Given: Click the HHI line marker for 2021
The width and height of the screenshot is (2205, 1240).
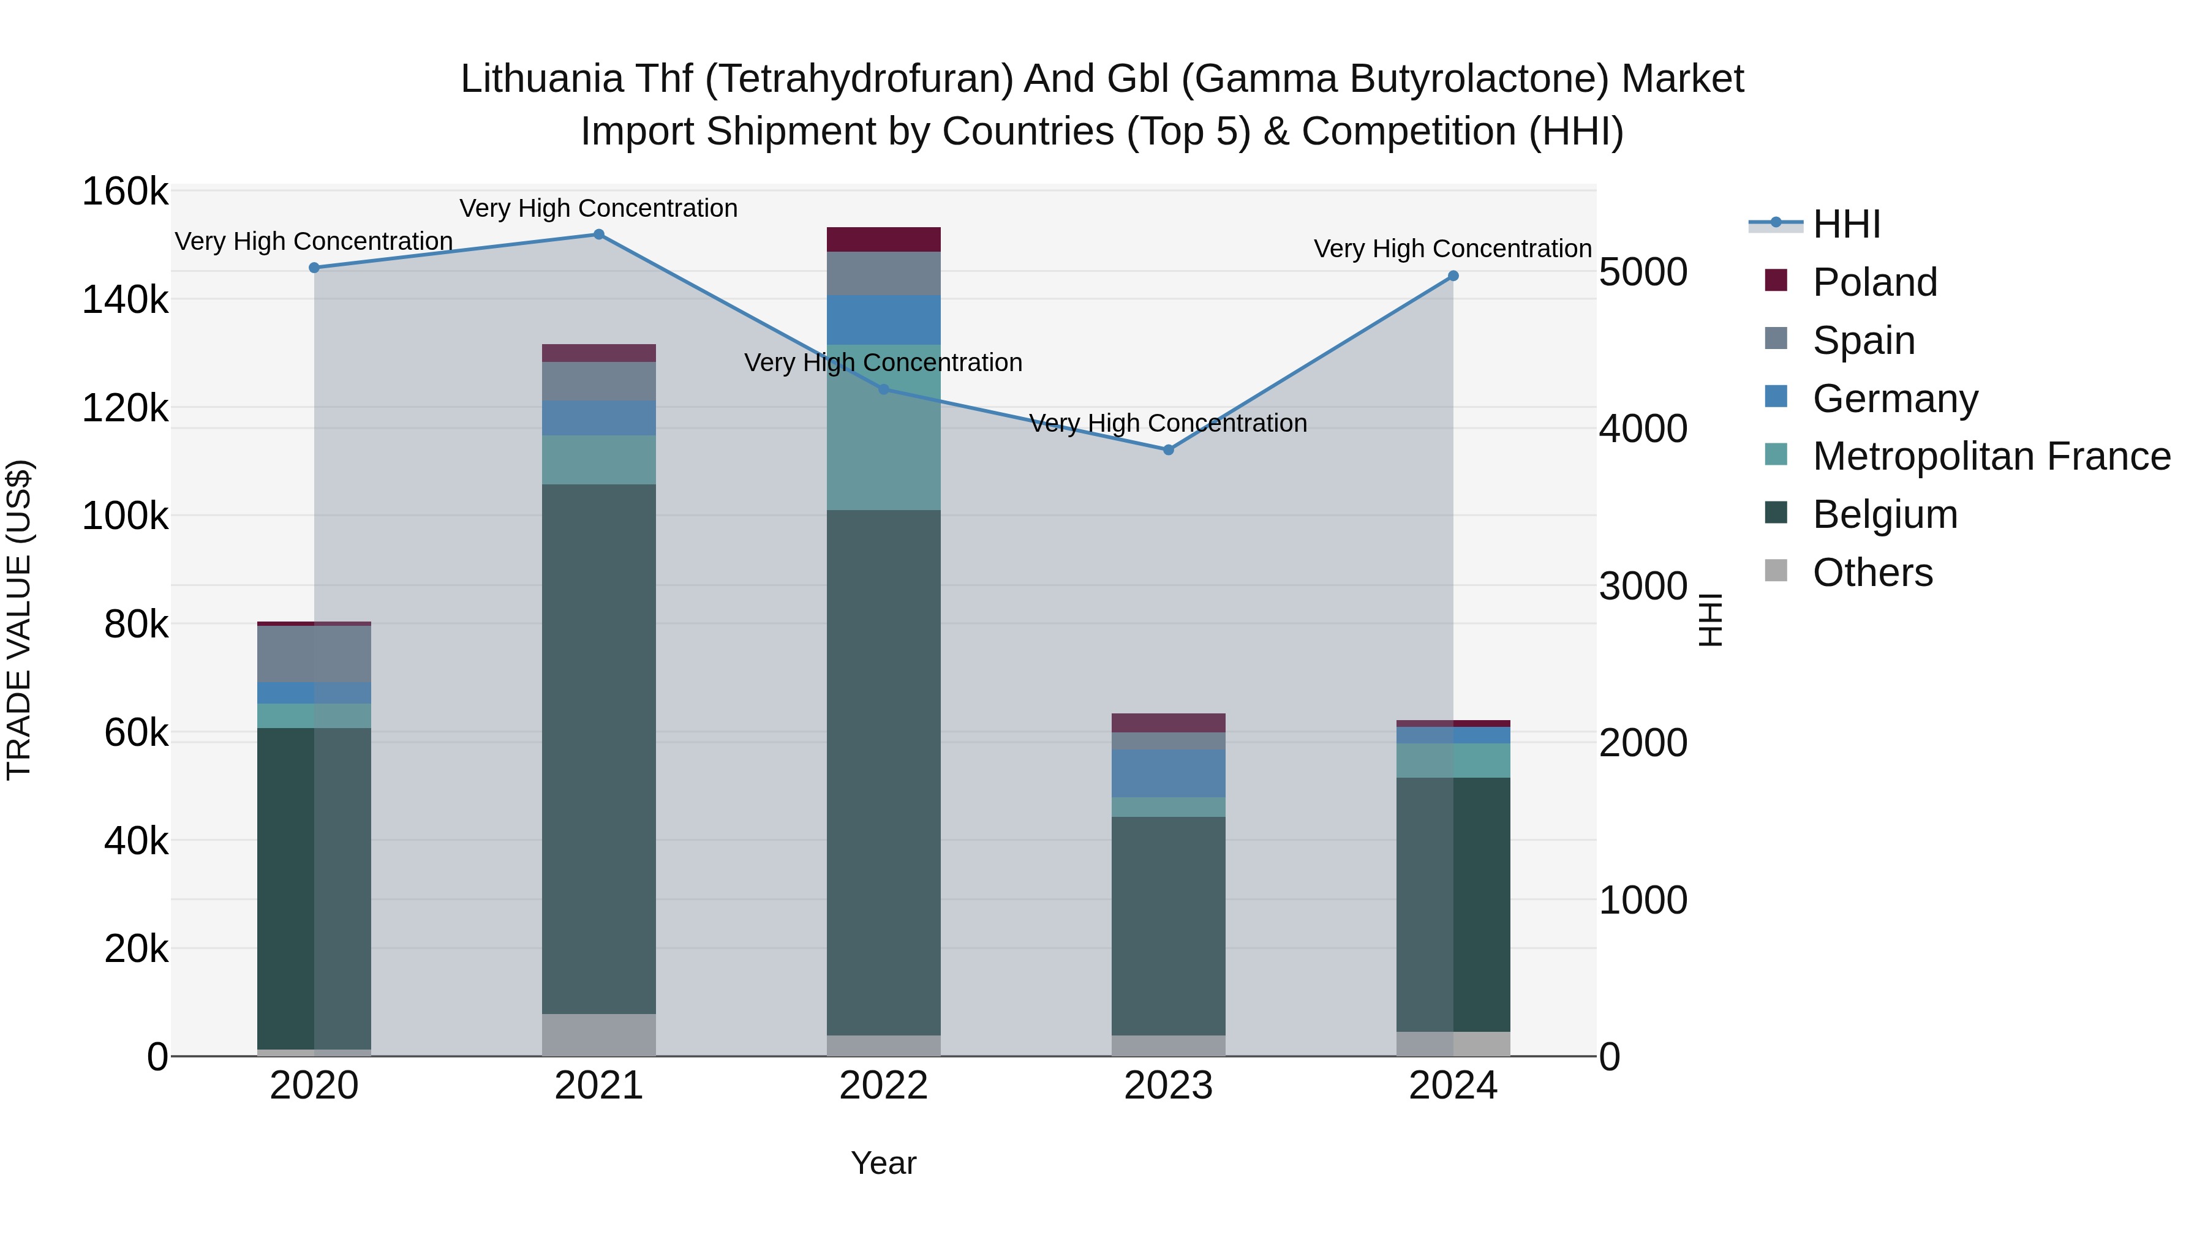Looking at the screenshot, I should click(x=598, y=235).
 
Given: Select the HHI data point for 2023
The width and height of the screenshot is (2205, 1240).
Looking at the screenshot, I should click(x=1169, y=450).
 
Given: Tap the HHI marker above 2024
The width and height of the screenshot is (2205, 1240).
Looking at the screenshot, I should click(x=1453, y=276).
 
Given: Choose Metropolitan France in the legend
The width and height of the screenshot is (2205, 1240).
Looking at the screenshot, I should click(x=1991, y=456).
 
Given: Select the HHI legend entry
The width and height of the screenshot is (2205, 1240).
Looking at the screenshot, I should click(x=1845, y=224).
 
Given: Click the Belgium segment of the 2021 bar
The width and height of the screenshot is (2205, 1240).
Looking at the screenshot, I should click(x=598, y=749).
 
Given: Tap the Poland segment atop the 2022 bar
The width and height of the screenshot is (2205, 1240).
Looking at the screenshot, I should click(x=883, y=239).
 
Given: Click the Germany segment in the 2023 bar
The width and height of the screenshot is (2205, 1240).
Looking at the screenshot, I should click(x=1169, y=773).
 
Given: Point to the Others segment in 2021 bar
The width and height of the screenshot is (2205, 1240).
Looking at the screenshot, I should click(x=598, y=1035).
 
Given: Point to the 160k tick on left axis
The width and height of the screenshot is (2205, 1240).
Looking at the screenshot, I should click(x=125, y=192).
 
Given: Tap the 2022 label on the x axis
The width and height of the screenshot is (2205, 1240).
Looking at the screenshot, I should click(x=883, y=1086).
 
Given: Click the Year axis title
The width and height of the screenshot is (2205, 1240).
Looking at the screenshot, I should click(x=883, y=1163).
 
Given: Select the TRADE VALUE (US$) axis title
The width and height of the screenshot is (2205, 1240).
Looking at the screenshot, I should click(x=19, y=620).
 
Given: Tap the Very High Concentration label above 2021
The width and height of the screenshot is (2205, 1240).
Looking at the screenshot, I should click(x=598, y=208).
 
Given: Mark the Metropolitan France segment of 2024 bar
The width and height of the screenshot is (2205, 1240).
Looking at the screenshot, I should click(x=1453, y=760).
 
